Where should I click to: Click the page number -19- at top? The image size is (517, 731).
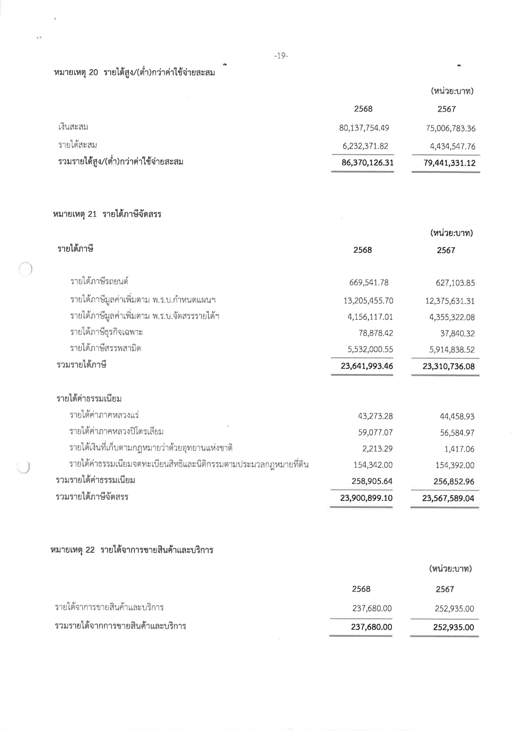pos(281,56)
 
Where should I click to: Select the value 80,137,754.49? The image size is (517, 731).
pos(364,128)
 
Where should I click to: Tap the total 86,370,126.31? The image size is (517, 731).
pos(367,163)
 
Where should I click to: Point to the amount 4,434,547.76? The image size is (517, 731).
pos(453,146)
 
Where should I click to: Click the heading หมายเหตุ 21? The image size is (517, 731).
pos(107,214)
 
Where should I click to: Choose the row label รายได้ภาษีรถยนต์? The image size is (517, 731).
pos(99,282)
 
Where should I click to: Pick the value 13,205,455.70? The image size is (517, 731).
pos(368,301)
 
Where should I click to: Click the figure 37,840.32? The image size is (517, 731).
pos(457,333)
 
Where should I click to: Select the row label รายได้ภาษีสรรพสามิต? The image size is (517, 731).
pos(105,348)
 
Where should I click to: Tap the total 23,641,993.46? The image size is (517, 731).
pos(367,366)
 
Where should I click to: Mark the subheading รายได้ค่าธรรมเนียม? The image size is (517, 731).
pos(89,399)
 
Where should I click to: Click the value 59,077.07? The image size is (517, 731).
pos(375,432)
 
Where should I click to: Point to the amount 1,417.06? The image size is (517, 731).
pos(459,449)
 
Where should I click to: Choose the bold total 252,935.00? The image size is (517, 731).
pos(453,627)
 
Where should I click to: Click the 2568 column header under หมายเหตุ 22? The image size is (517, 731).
pos(361,589)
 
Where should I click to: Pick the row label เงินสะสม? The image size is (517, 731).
pos(73,127)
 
